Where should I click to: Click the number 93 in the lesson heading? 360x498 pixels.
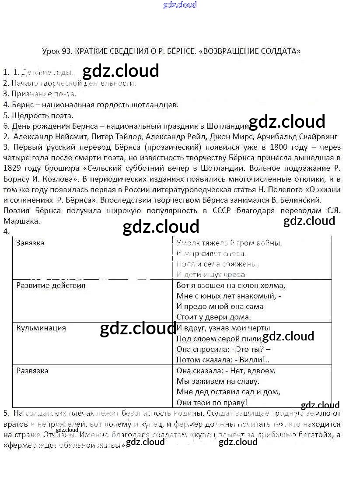[x=66, y=51]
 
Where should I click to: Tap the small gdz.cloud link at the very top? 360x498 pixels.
[x=180, y=5]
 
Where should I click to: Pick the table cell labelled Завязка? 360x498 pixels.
[x=30, y=243]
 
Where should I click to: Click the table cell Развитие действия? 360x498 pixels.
[x=50, y=285]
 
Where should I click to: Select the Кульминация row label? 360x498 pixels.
[x=41, y=328]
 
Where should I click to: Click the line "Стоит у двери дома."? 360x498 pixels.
[x=213, y=317]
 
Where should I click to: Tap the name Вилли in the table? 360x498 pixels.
[x=255, y=360]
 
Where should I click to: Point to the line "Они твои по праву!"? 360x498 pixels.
[x=212, y=402]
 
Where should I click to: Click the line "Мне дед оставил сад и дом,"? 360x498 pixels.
[x=228, y=392]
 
